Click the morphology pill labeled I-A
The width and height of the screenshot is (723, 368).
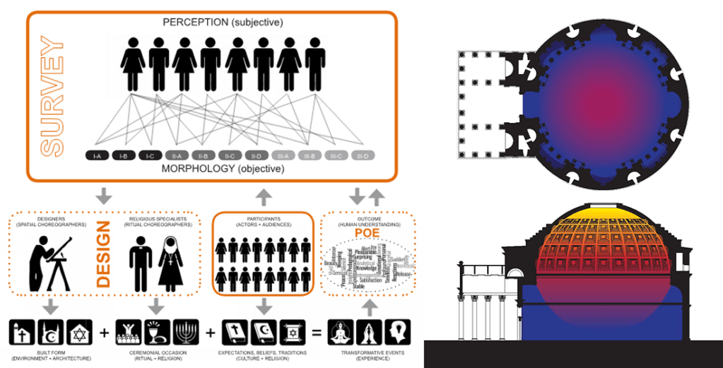[x=97, y=155]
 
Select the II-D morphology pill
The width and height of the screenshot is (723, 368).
[x=257, y=155]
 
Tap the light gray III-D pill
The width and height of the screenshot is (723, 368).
[x=363, y=155]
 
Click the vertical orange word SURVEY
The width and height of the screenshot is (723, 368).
[x=52, y=98]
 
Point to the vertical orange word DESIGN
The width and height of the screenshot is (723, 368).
[x=105, y=255]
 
